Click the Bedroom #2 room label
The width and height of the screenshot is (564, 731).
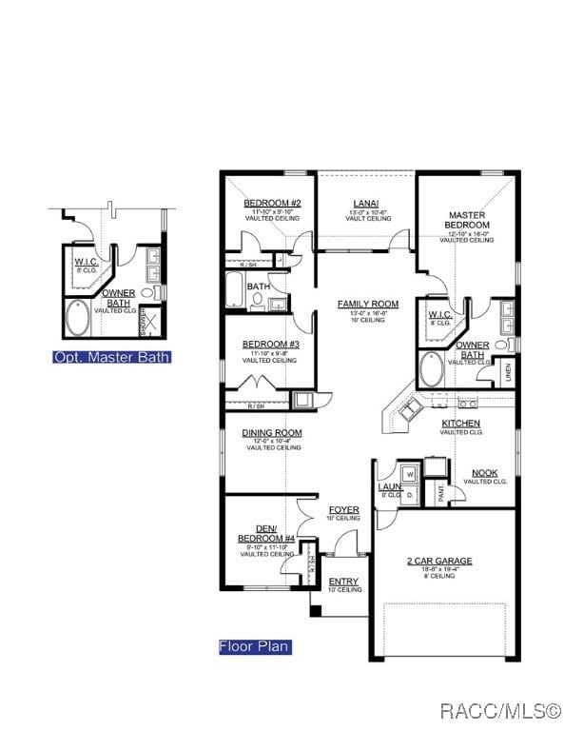272,204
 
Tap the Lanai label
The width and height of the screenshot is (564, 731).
366,204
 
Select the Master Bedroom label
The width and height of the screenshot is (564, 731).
468,221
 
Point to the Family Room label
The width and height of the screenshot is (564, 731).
368,305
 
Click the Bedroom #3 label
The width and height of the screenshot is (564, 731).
271,345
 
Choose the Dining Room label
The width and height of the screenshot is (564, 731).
271,433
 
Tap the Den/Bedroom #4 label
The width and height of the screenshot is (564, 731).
266,534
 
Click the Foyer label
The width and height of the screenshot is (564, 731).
343,510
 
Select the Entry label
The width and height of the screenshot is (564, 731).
343,582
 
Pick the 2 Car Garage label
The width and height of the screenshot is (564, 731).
439,562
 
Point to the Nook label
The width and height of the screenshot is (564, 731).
485,473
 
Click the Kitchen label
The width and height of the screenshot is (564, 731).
460,424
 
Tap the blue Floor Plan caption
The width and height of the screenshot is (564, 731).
254,646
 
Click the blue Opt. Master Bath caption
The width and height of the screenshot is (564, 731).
112,357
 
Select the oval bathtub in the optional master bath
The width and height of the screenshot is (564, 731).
79,318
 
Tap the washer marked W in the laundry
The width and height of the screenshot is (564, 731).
410,472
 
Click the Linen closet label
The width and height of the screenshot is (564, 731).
508,372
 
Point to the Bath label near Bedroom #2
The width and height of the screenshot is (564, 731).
259,286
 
